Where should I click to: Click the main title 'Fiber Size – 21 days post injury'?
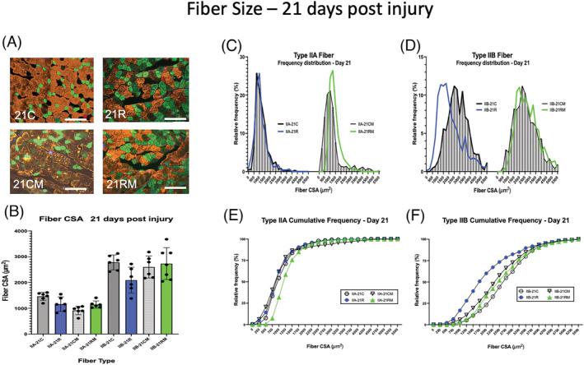click(292, 15)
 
